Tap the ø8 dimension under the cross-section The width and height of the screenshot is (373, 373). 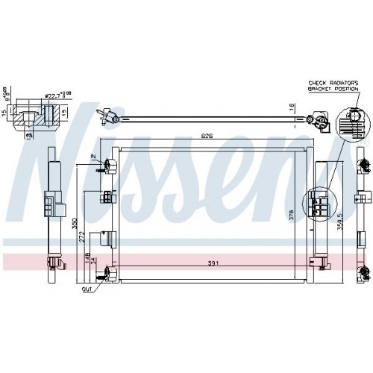tap(29, 137)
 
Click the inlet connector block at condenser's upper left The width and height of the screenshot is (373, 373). tap(109, 165)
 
